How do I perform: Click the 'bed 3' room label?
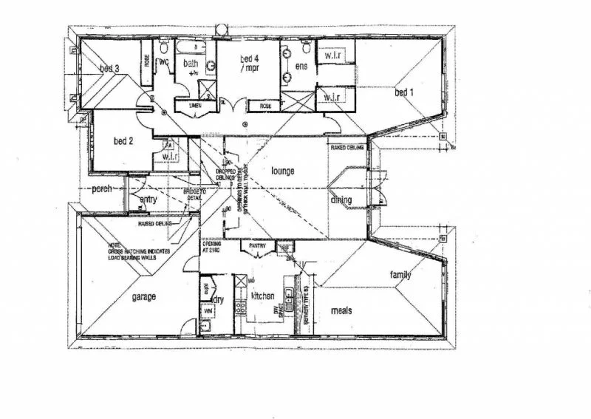coord(110,69)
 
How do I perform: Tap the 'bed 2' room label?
coord(122,140)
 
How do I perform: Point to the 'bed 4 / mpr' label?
coord(248,64)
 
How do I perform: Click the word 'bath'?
coord(191,64)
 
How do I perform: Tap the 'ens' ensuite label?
coord(301,67)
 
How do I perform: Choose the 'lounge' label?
coord(282,171)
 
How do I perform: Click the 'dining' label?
coord(341,200)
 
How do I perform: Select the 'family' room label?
coord(400,276)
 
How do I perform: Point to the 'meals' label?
coord(341,310)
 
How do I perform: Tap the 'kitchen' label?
coord(263,296)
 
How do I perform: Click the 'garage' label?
coord(143,297)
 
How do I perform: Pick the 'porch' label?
coord(101,189)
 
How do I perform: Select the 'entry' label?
coord(148,200)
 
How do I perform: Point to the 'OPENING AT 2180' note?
coord(213,248)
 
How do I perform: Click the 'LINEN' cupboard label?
coord(196,106)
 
